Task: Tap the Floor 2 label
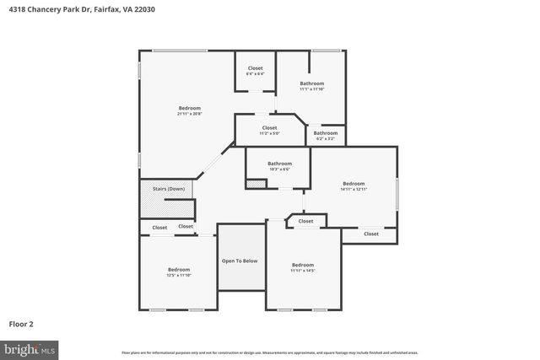[x=21, y=323]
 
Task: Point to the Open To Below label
[x=240, y=261]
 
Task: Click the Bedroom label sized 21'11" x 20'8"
[x=189, y=108]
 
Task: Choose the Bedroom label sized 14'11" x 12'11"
[x=354, y=183]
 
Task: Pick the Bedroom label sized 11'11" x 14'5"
[x=302, y=265]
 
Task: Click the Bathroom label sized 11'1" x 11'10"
[x=312, y=83]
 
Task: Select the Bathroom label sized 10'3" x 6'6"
[x=279, y=164]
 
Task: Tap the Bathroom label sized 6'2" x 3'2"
[x=326, y=132]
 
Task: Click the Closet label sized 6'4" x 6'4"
[x=255, y=68]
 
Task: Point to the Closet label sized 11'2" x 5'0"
[x=269, y=128]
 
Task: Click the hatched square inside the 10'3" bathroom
[x=254, y=183]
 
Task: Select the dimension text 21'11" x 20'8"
[x=189, y=114]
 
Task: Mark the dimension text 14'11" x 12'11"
[x=354, y=190]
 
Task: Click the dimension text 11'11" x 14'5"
[x=302, y=271]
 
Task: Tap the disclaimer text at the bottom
[x=270, y=352]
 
